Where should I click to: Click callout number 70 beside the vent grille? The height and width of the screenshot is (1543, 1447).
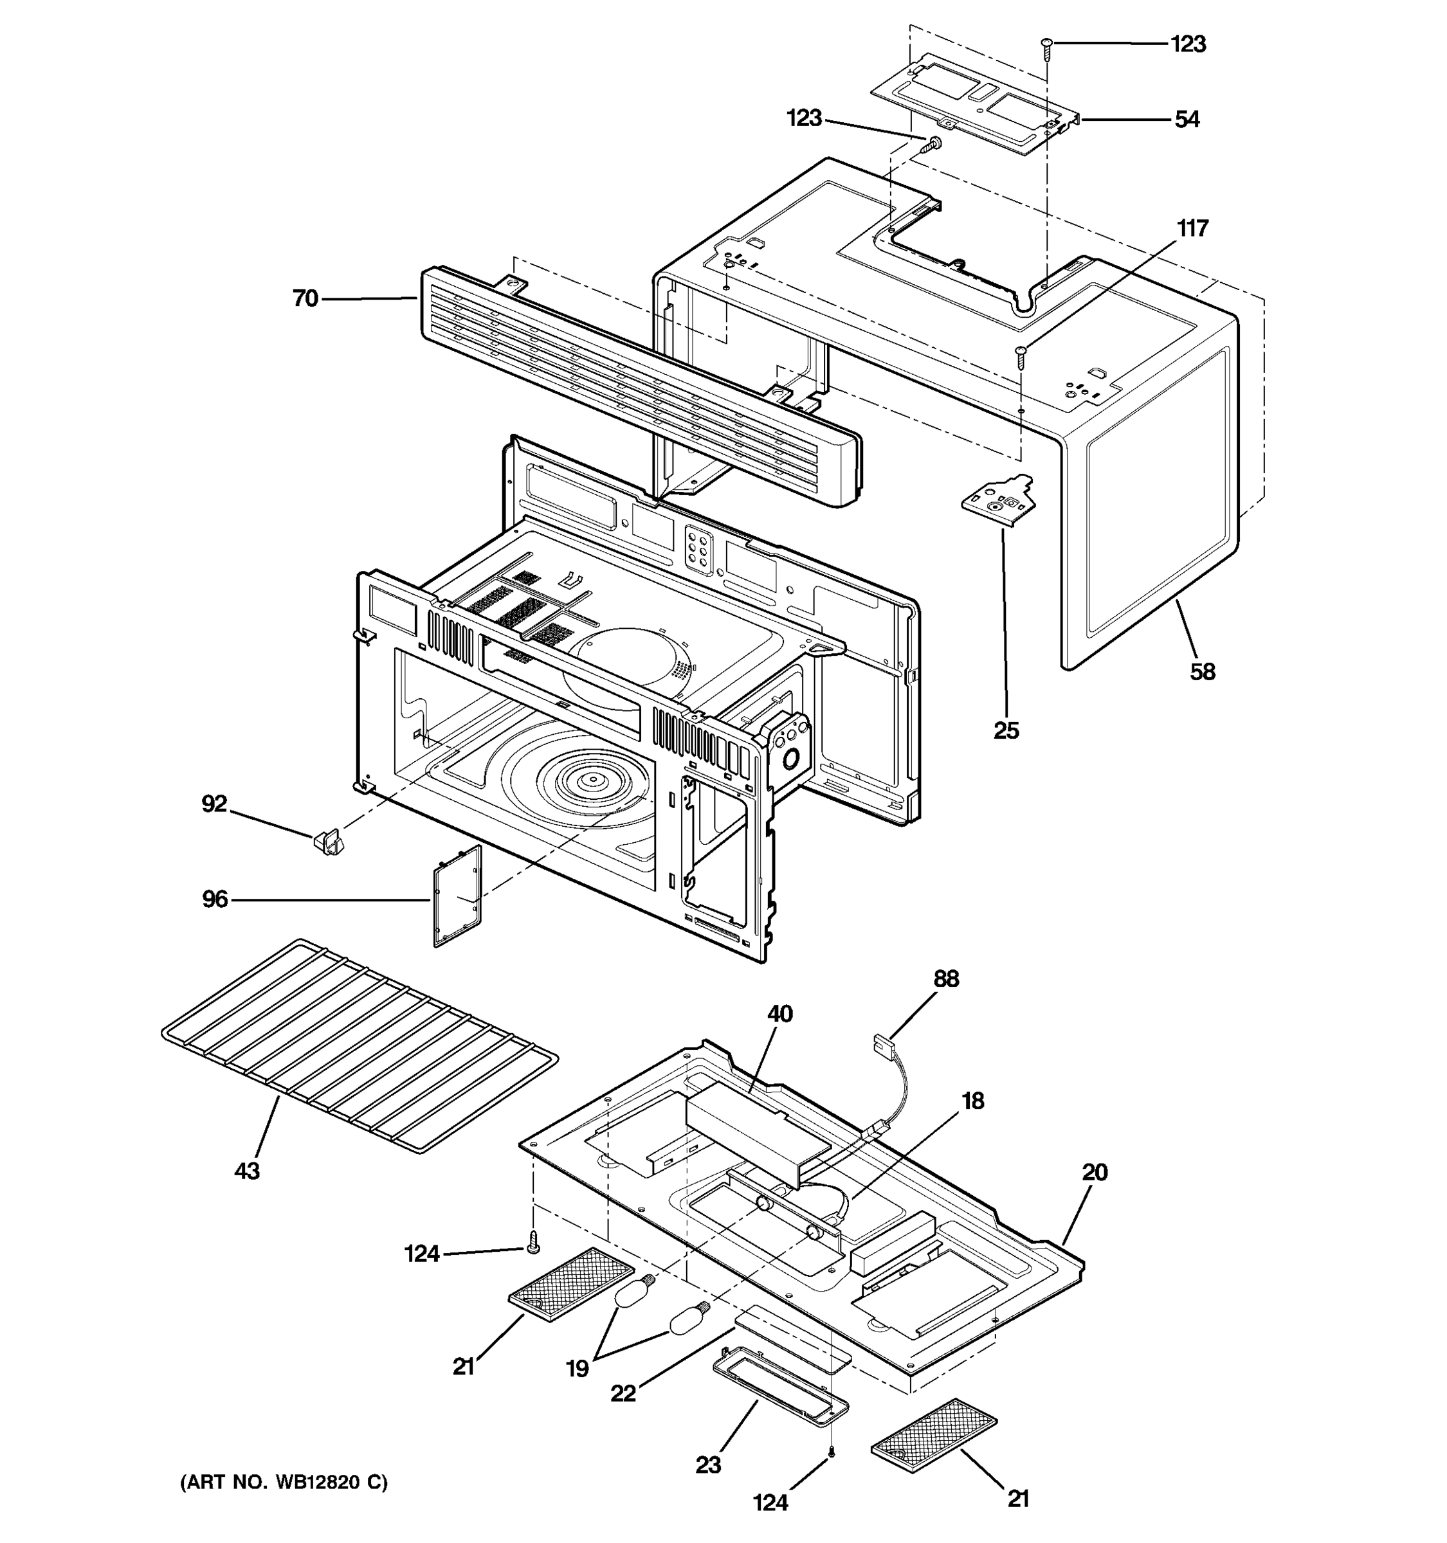click(305, 298)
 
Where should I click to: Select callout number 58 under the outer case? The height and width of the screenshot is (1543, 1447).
click(1202, 671)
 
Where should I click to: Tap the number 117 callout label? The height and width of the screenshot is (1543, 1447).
click(1192, 228)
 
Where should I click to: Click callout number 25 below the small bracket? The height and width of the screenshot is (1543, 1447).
click(1006, 730)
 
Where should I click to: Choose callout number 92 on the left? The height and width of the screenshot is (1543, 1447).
click(214, 803)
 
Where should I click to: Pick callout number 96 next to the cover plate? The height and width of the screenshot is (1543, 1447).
click(215, 899)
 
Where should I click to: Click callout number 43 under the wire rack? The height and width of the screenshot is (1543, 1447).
click(247, 1171)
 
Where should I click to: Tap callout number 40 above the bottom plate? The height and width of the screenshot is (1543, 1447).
click(780, 1014)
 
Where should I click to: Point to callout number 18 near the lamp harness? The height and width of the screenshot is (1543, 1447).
click(972, 1101)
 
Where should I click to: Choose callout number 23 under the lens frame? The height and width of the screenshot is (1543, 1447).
click(708, 1465)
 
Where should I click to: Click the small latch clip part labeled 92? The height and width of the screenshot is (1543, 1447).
click(329, 842)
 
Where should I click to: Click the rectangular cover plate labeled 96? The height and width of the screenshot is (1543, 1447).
click(457, 896)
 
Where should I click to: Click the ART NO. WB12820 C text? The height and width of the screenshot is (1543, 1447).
click(284, 1483)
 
